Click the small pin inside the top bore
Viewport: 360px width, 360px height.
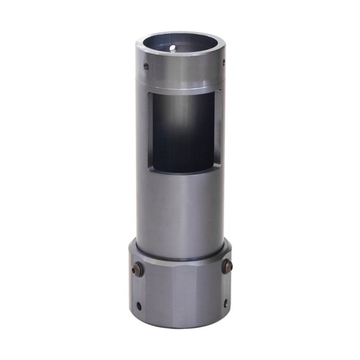pos(173,48)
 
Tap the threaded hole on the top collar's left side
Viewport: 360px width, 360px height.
pos(146,66)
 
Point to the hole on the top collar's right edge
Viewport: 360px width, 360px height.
pos(223,63)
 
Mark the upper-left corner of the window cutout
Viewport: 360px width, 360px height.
pos(149,93)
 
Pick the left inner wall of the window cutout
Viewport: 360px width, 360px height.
pos(150,131)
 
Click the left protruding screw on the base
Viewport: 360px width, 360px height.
pos(137,270)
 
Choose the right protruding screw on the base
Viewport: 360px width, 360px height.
pos(227,266)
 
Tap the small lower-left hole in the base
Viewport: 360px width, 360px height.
pos(139,305)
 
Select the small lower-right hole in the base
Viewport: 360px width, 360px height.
pos(225,303)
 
